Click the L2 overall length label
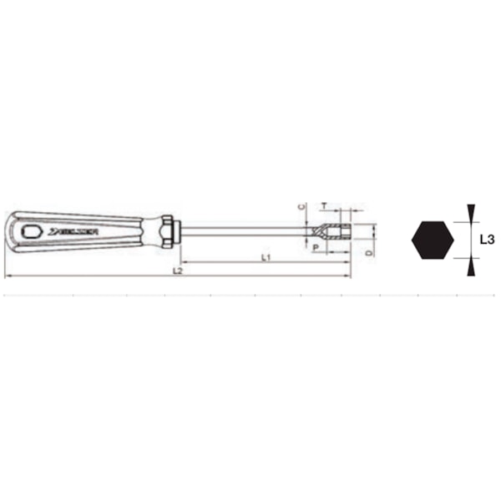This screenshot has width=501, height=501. (x=177, y=271)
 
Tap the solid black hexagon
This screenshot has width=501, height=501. (x=433, y=239)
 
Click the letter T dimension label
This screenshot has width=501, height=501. (x=324, y=205)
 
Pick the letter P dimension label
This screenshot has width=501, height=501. (x=315, y=248)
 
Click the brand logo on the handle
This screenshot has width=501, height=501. (x=73, y=231)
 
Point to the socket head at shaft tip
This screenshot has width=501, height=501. (x=337, y=231)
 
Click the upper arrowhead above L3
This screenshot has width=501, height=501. (x=470, y=210)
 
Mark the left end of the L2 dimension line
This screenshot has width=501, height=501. (x=5, y=276)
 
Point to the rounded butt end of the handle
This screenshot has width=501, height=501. (x=8, y=231)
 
